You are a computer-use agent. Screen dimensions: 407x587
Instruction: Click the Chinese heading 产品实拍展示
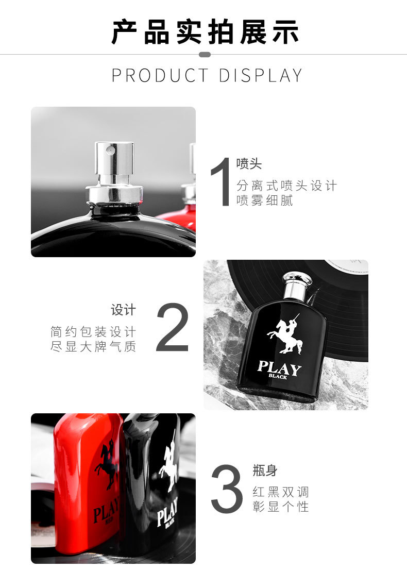click(205, 32)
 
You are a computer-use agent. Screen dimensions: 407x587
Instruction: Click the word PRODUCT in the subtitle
click(160, 75)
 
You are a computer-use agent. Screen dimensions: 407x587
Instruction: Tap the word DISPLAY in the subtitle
click(260, 75)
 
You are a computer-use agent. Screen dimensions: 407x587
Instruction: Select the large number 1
click(221, 181)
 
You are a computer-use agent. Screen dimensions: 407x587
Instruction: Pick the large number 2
click(172, 328)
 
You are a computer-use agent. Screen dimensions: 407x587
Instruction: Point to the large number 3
click(227, 489)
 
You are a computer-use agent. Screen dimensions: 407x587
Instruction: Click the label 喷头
click(249, 163)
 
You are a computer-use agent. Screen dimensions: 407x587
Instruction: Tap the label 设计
click(123, 310)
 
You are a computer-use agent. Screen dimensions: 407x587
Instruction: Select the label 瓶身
click(265, 470)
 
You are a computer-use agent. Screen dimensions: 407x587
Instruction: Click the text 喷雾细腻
click(264, 200)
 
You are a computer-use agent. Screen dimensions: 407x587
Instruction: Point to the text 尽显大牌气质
click(93, 346)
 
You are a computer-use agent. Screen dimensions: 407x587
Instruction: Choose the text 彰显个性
click(281, 507)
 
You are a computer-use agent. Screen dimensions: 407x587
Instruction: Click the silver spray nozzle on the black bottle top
click(114, 163)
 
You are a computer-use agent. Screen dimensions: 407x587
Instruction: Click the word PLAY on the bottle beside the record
click(279, 367)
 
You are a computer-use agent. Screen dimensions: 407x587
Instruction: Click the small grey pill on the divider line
click(204, 55)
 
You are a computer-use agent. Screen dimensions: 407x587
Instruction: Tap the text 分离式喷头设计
click(286, 186)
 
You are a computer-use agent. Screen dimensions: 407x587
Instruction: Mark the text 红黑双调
click(281, 492)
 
